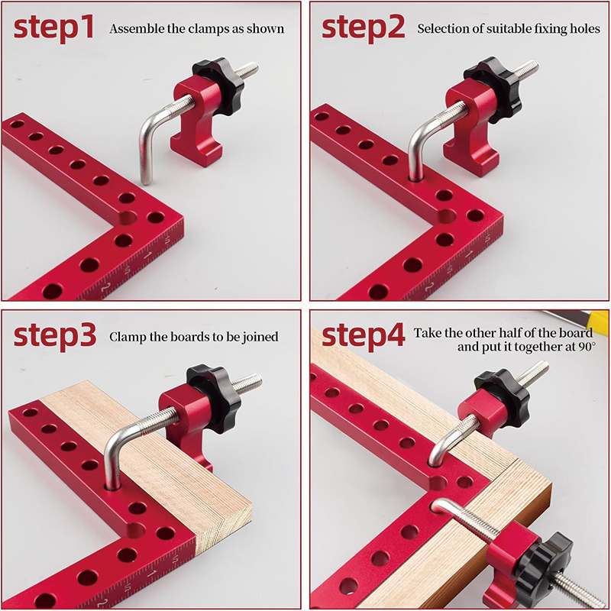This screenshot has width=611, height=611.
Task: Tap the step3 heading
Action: click(54, 335)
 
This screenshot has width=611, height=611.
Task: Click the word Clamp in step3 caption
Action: click(127, 337)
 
